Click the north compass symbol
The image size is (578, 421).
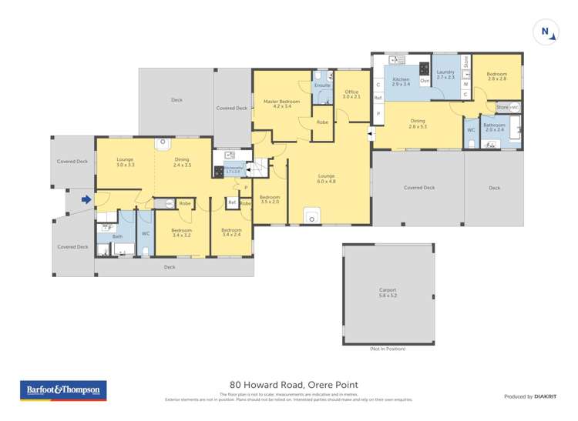click(x=545, y=32)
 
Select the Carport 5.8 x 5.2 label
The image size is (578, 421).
click(x=388, y=292)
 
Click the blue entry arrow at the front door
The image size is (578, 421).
click(x=86, y=200)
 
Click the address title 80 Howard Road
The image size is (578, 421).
click(x=294, y=385)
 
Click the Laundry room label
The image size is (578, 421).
click(x=445, y=75)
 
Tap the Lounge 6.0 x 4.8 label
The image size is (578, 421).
click(x=327, y=179)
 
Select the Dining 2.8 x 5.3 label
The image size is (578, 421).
click(x=418, y=123)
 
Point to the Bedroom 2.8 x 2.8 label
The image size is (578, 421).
click(x=496, y=76)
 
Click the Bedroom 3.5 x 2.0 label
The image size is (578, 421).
click(x=270, y=199)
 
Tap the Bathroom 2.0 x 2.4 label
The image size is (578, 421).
click(x=493, y=127)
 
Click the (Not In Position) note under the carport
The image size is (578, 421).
click(x=388, y=349)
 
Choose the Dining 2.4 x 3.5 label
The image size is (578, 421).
click(x=183, y=162)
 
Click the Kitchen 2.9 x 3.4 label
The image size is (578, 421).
click(x=401, y=82)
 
